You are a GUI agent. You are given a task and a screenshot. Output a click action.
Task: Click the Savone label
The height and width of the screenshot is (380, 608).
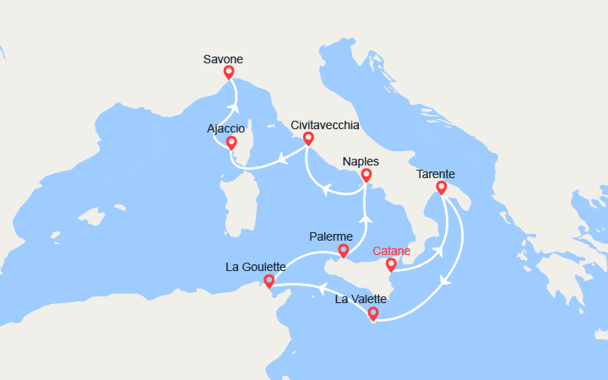point(223,59)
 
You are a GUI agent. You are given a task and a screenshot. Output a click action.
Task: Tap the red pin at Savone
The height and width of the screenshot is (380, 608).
point(228,73)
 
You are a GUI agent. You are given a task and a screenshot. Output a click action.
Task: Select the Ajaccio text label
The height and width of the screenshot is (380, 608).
point(225,128)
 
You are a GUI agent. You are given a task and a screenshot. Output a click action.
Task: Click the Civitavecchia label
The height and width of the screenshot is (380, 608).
point(324,125)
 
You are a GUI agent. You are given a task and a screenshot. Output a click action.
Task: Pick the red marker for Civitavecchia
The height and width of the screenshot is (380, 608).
point(308,138)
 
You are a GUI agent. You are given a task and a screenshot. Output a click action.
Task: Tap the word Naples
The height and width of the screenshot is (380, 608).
point(361,161)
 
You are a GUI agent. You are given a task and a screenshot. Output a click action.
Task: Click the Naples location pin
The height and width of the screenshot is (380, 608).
point(366,176)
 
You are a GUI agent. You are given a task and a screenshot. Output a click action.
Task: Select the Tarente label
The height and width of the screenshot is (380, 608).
point(437,174)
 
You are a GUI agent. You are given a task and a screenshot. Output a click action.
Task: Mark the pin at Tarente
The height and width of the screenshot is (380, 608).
point(440,187)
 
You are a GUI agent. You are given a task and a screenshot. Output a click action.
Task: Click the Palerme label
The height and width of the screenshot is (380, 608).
point(332,237)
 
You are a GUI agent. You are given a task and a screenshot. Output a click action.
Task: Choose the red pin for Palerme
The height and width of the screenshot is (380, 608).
point(343,251)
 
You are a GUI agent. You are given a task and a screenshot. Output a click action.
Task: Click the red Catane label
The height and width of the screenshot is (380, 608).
point(392,251)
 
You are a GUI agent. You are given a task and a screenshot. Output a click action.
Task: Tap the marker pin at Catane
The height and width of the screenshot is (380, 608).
point(391,265)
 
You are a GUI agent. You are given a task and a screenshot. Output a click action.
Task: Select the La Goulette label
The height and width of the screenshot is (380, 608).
point(256,267)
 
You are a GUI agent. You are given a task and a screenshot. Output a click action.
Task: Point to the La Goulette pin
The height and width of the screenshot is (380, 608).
point(269,281)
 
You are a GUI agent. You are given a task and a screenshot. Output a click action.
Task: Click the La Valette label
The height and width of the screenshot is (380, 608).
point(361,299)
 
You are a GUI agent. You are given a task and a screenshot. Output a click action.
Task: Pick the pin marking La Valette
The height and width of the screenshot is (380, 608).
point(372,314)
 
